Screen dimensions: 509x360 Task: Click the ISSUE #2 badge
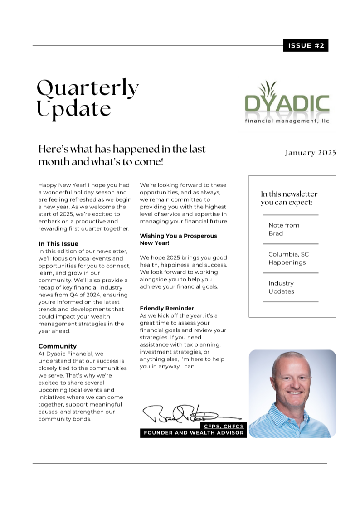tap(305, 45)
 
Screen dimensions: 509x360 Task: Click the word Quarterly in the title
tap(88, 88)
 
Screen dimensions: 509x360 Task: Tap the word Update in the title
tap(73, 109)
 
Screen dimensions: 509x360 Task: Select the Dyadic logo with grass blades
tap(287, 101)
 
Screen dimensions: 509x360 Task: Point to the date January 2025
tap(310, 153)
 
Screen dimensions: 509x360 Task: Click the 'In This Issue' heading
tap(58, 244)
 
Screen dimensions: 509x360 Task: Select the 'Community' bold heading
tap(58, 346)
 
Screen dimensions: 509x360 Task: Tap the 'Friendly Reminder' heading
tap(167, 308)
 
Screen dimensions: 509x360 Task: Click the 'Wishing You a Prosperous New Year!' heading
tap(178, 239)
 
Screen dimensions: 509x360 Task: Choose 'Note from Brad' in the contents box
tap(284, 229)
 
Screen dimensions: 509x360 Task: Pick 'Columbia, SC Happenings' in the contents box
tap(288, 258)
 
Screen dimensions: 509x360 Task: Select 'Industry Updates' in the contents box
tap(281, 287)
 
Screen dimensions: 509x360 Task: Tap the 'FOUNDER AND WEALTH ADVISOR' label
tap(194, 433)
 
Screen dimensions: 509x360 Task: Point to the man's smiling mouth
tap(295, 393)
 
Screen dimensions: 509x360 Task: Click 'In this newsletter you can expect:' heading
tap(289, 198)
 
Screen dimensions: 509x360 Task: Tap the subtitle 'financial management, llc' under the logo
tap(287, 121)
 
